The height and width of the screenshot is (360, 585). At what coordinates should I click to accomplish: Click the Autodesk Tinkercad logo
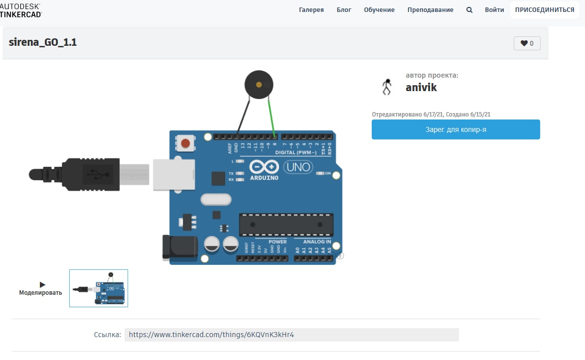pos(21,10)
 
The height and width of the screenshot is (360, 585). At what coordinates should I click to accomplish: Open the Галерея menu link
pos(311,10)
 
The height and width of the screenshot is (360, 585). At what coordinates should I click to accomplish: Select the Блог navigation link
pos(344,10)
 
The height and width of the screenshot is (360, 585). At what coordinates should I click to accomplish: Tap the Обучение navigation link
pos(379,10)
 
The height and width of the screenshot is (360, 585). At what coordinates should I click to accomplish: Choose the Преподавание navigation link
pos(430,10)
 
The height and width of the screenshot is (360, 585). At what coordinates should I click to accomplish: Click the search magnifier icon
pos(469,10)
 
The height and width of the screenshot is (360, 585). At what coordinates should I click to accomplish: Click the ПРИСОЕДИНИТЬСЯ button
pos(544,10)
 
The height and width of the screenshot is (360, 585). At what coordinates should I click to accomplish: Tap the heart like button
pos(527,43)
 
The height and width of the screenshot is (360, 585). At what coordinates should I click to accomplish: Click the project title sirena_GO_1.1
pos(43,42)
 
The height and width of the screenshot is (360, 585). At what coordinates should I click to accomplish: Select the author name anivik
pos(421,88)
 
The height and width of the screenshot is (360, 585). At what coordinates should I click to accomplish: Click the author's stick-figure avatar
pos(387,87)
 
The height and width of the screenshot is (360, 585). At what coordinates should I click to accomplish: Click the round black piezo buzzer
pos(259,85)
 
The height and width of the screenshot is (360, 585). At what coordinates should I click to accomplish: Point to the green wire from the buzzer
pos(272,117)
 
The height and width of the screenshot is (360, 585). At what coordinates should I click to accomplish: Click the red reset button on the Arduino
pos(185,144)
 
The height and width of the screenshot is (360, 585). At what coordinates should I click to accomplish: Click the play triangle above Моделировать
pos(42,284)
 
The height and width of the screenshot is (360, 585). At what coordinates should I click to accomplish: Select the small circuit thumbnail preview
pos(99,288)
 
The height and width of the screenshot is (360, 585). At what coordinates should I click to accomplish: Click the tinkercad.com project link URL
pos(211,335)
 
